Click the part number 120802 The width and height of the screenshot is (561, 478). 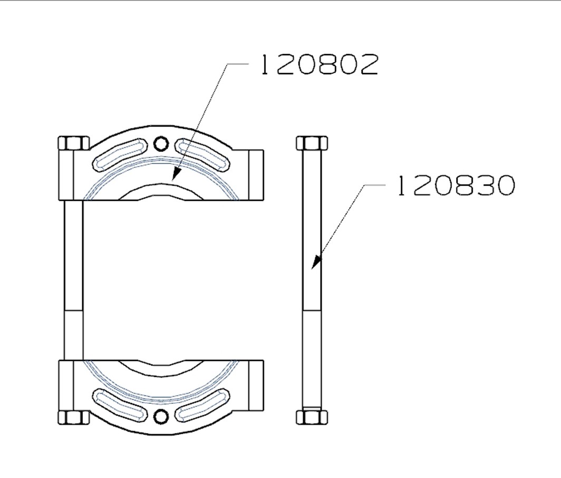point(320,65)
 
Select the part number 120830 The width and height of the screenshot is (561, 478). point(455,186)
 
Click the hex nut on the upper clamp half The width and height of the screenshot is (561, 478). point(73,143)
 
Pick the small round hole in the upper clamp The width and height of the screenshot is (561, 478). point(161,143)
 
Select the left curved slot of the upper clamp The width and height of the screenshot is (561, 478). point(118,155)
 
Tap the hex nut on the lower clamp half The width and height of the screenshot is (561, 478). point(73,417)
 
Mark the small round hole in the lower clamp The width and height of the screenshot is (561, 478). point(161,416)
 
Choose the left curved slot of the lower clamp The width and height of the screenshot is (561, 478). point(118,405)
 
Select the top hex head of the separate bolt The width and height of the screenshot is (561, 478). point(312,143)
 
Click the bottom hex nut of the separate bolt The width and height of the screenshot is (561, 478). point(312,417)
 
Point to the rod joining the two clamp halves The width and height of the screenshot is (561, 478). point(74,279)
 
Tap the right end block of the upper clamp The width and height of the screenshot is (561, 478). point(256,175)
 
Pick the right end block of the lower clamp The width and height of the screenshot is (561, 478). point(256,385)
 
